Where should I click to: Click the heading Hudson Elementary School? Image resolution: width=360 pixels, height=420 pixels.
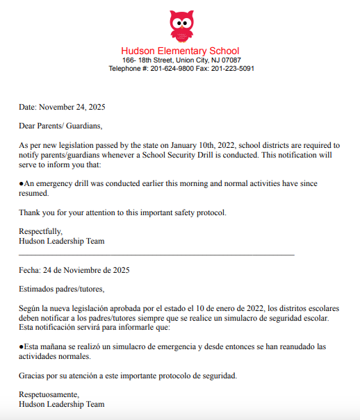click(x=180, y=51)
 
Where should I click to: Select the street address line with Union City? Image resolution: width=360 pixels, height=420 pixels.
click(x=180, y=60)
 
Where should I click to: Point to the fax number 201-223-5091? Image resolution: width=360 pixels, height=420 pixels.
click(x=232, y=69)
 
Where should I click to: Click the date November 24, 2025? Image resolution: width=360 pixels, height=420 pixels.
click(x=72, y=108)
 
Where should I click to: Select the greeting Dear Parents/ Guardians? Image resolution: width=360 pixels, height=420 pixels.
click(x=60, y=126)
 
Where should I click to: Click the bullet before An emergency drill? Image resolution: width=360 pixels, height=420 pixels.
click(x=22, y=183)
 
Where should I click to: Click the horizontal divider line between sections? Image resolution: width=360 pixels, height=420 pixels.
click(x=156, y=255)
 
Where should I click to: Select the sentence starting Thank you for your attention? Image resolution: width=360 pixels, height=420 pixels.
click(x=122, y=212)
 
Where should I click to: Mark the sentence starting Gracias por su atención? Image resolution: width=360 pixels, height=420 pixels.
click(x=128, y=376)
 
